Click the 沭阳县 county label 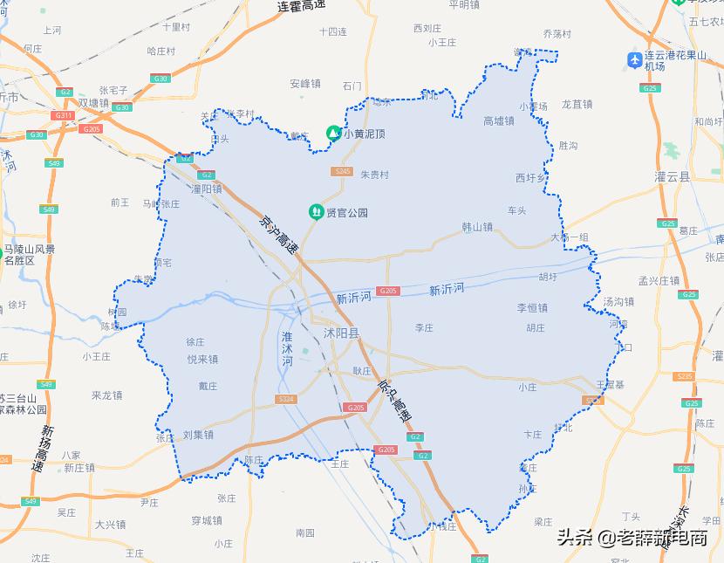(341, 333)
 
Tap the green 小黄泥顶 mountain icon (333, 134)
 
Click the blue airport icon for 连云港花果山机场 (635, 59)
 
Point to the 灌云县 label (672, 176)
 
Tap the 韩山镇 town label (477, 227)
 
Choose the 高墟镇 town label (499, 121)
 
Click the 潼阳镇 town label (207, 189)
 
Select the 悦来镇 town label (202, 360)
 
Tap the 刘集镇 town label (199, 434)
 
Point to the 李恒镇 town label (532, 308)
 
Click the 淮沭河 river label (288, 349)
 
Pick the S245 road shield (343, 171)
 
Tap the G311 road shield (63, 115)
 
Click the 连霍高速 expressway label (301, 6)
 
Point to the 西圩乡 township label (530, 178)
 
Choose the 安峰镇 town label (305, 84)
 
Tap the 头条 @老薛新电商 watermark (632, 538)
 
